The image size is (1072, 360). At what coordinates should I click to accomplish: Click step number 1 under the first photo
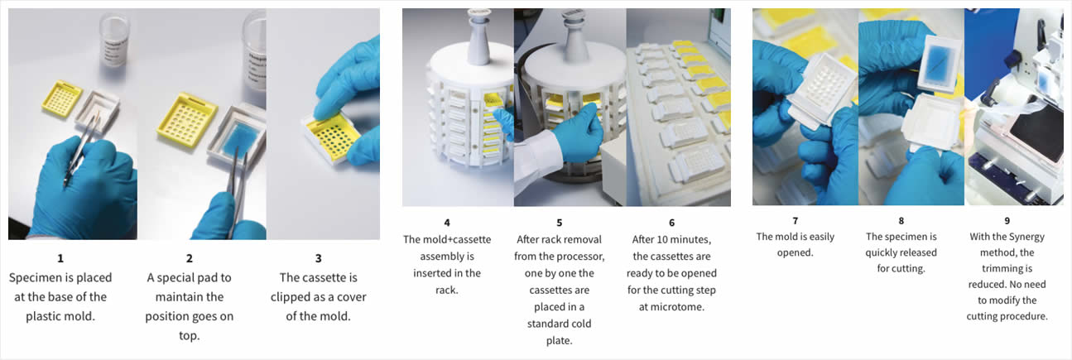coord(60,258)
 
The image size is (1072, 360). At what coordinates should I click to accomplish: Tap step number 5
coord(559,223)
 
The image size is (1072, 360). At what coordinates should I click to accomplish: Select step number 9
coord(1007,221)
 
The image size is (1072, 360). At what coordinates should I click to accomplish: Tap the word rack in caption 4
coord(446,290)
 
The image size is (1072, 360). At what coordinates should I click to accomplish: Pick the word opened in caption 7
coord(795,252)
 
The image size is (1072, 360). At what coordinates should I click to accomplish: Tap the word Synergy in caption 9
coord(1026,237)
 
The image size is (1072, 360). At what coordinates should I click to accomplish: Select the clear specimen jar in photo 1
coord(114,39)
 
